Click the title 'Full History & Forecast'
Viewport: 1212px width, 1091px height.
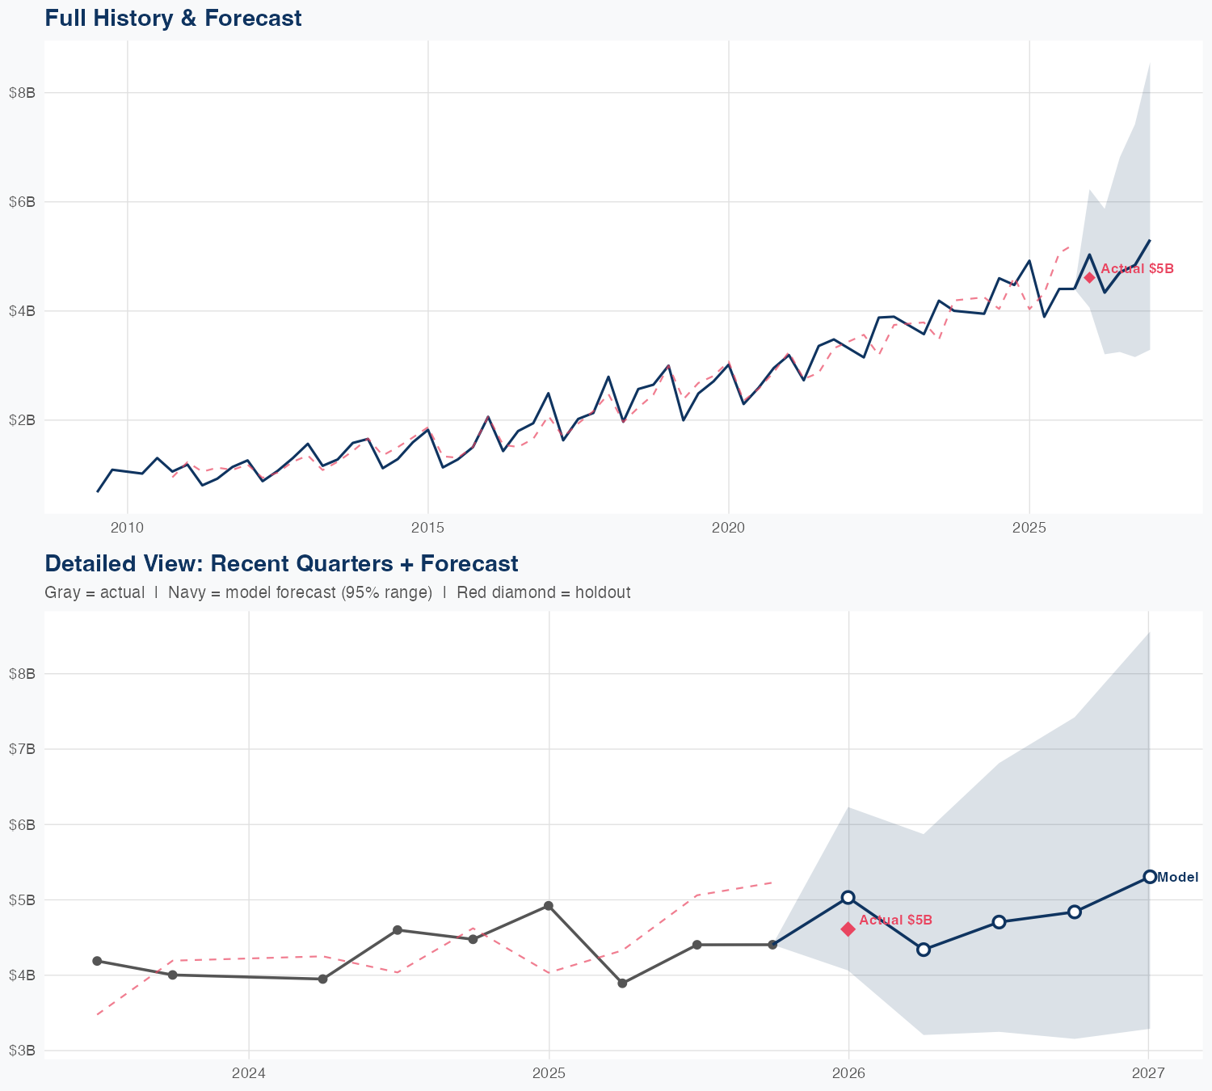point(173,18)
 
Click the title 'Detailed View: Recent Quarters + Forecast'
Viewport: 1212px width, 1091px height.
point(281,563)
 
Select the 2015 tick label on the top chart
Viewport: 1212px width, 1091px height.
point(427,528)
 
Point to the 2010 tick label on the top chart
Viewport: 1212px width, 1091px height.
point(127,528)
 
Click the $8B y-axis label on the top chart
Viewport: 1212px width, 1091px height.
point(23,93)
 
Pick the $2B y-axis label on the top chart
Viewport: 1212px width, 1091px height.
point(23,420)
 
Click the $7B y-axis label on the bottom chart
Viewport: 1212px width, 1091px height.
point(23,749)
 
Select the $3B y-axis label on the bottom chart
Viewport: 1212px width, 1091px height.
point(23,1051)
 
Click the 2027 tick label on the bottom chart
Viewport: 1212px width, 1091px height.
point(1148,1073)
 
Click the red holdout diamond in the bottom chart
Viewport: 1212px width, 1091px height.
point(848,929)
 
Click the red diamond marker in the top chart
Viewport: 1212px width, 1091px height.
point(1089,277)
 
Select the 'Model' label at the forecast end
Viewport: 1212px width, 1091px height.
point(1177,878)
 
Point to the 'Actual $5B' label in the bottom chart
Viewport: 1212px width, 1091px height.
point(895,920)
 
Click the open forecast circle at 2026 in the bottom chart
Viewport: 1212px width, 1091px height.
point(848,897)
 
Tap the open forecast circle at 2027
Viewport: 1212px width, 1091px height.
point(1149,877)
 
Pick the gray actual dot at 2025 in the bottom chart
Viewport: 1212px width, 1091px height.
point(549,906)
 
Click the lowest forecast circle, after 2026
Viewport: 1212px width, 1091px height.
point(924,950)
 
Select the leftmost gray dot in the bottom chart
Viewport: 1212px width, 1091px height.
point(97,961)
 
